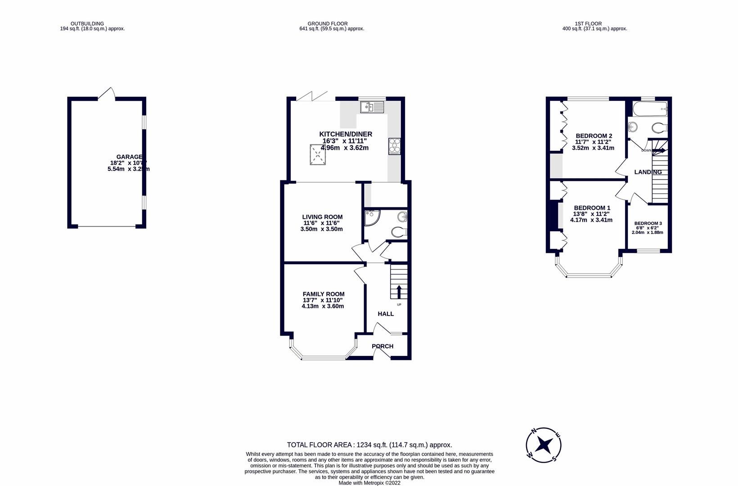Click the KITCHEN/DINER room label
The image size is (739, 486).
(x=345, y=134)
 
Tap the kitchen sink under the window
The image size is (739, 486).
(x=372, y=107)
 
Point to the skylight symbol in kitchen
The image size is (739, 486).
(x=318, y=155)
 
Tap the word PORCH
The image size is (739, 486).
(x=382, y=346)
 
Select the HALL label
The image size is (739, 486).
(x=385, y=314)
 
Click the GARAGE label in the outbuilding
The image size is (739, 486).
(x=129, y=157)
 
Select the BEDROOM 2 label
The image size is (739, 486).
(x=594, y=136)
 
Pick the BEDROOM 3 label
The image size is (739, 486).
(x=648, y=224)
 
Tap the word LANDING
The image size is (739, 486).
(x=648, y=172)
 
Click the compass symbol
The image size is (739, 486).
(x=544, y=445)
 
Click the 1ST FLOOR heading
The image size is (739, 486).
(x=588, y=24)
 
